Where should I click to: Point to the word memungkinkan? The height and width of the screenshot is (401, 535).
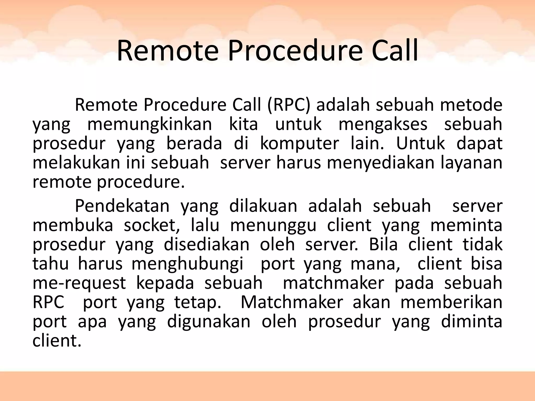click(149, 124)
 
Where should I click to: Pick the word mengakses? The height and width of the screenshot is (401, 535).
click(383, 124)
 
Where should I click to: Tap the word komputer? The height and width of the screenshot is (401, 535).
click(299, 144)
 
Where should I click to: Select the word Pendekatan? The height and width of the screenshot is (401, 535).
click(122, 206)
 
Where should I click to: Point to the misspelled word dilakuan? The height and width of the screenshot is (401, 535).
click(263, 206)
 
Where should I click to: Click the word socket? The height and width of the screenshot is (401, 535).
click(152, 226)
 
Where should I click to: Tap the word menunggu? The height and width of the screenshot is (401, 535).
click(273, 226)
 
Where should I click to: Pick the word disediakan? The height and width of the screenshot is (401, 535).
click(207, 245)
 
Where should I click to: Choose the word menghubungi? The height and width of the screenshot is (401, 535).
click(187, 264)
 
